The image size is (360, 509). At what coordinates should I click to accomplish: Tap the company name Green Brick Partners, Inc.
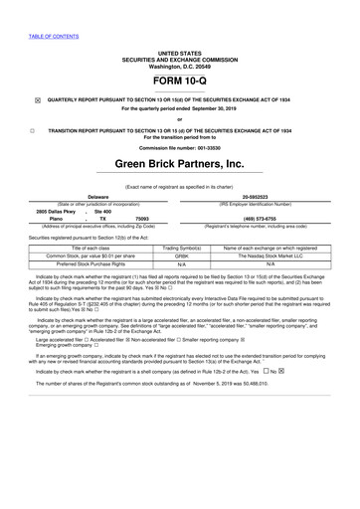[179, 163]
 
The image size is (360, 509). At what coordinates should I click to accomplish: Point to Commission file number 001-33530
[179, 147]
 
